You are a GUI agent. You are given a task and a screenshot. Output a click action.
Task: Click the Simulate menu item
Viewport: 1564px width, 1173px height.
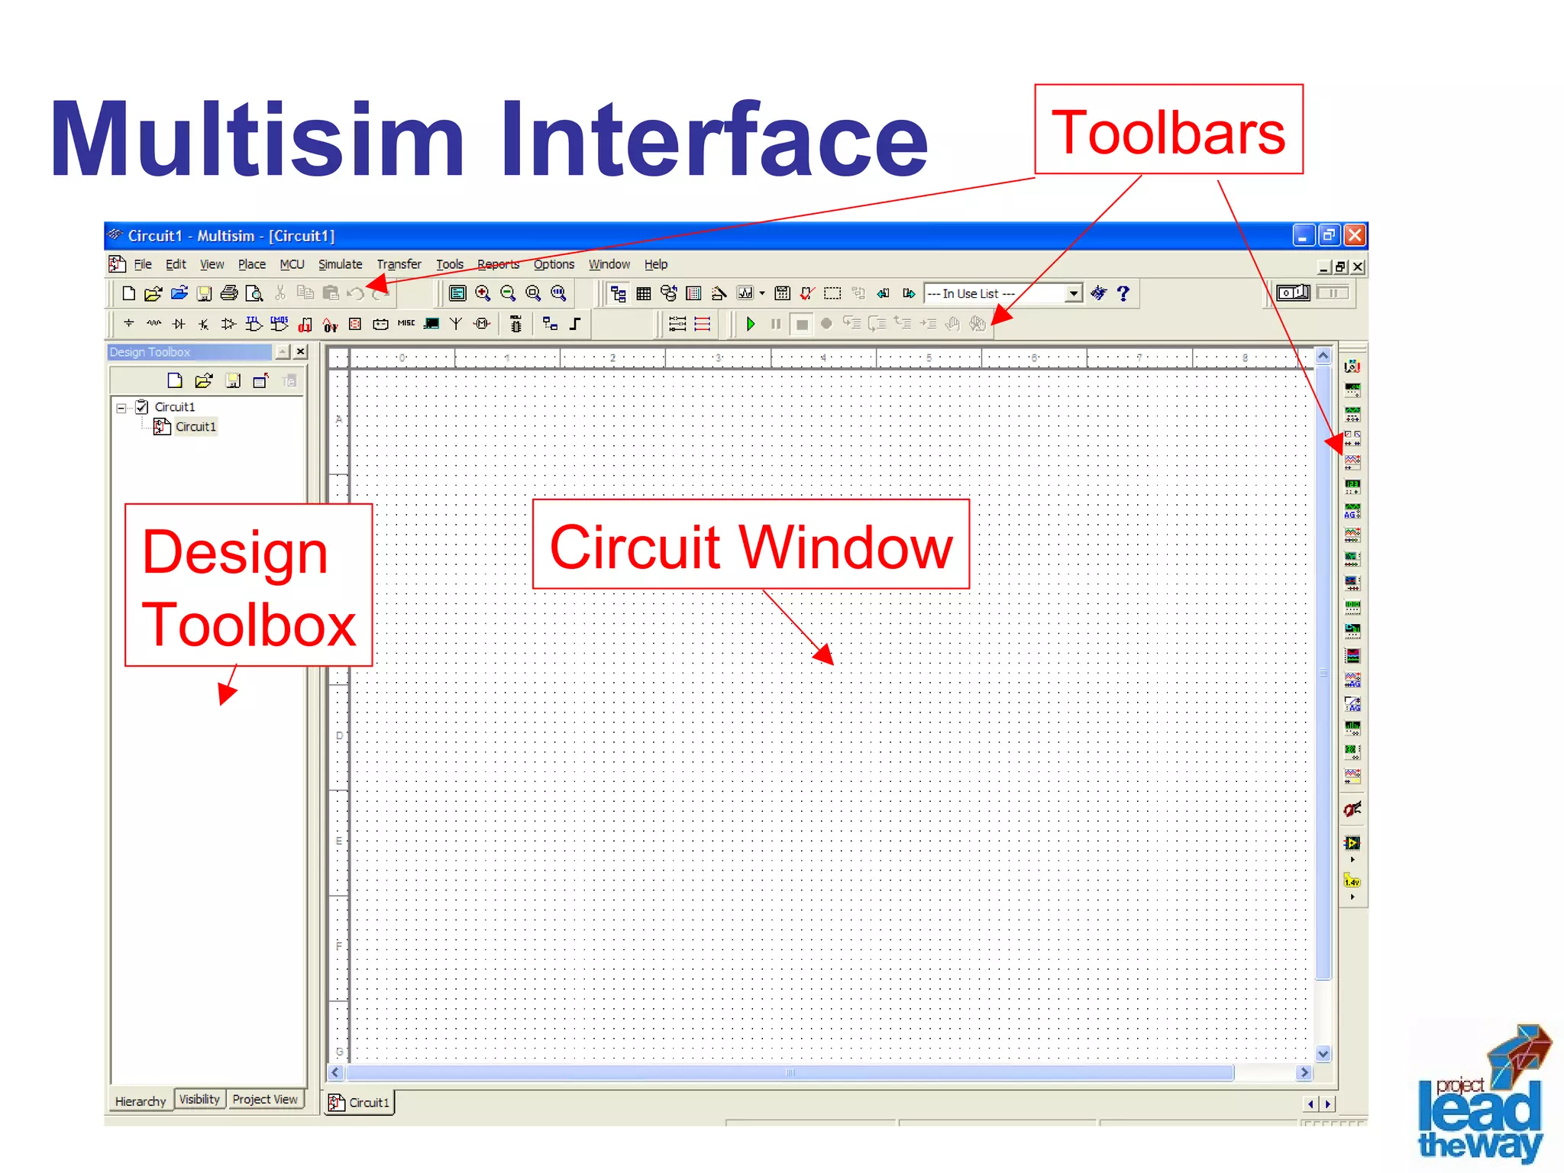(340, 264)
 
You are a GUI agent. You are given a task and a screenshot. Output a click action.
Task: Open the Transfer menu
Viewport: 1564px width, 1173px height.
(399, 264)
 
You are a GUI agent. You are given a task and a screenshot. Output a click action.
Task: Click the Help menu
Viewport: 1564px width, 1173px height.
(655, 264)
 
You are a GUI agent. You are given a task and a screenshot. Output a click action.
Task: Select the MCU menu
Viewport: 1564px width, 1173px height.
(292, 264)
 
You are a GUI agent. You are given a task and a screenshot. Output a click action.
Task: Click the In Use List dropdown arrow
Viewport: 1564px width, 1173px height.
(1073, 293)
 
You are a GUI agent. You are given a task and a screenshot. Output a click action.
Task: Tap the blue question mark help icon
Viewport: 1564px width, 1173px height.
(1123, 293)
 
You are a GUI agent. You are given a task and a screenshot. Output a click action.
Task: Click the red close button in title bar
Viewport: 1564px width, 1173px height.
(1355, 235)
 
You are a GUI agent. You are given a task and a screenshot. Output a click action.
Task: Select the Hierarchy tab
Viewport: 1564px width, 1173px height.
(141, 1101)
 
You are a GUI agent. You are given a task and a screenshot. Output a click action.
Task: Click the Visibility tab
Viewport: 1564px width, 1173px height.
(199, 1099)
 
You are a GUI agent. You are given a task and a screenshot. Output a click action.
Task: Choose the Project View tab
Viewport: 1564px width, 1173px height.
(265, 1099)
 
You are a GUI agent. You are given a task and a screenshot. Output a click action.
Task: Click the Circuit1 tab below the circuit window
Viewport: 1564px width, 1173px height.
(360, 1103)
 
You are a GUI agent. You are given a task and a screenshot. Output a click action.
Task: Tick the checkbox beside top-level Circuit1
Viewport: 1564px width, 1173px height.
(142, 407)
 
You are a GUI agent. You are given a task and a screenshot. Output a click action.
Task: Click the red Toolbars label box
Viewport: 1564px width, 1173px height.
(1168, 131)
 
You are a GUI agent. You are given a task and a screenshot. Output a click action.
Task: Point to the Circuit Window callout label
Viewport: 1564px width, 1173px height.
(751, 545)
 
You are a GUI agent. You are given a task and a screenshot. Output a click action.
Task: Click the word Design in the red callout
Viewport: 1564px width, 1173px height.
(234, 551)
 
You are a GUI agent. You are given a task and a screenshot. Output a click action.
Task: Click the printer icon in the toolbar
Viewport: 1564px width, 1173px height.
(229, 293)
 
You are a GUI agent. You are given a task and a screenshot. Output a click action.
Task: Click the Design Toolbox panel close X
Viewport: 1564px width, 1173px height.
(301, 352)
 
